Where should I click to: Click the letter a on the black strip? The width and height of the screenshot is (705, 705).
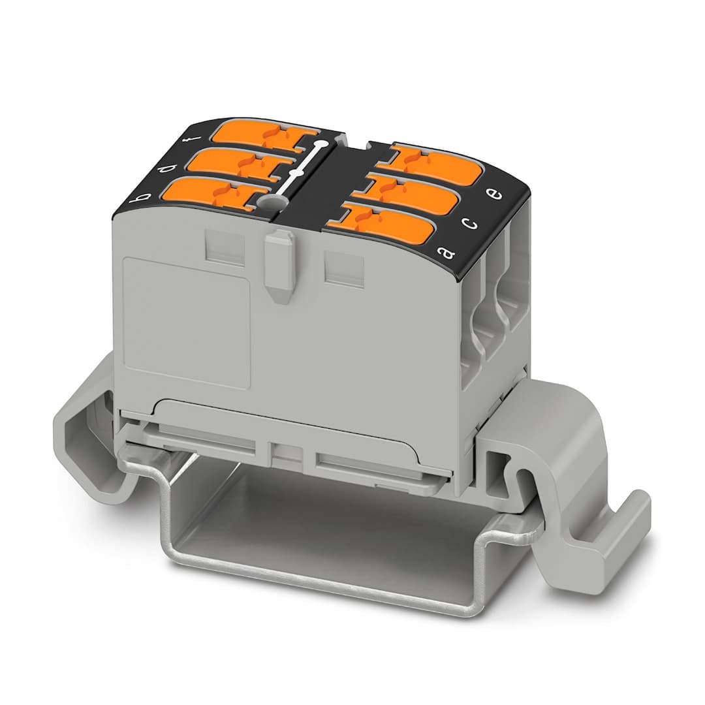pos(449,251)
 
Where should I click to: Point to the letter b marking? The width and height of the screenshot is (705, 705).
pos(138,197)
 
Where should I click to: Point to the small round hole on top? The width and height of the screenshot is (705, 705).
pos(268,204)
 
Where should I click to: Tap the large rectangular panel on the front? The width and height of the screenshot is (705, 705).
pos(185,323)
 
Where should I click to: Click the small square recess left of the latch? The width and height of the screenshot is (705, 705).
pos(225,246)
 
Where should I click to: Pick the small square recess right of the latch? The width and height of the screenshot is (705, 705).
pos(344,268)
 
